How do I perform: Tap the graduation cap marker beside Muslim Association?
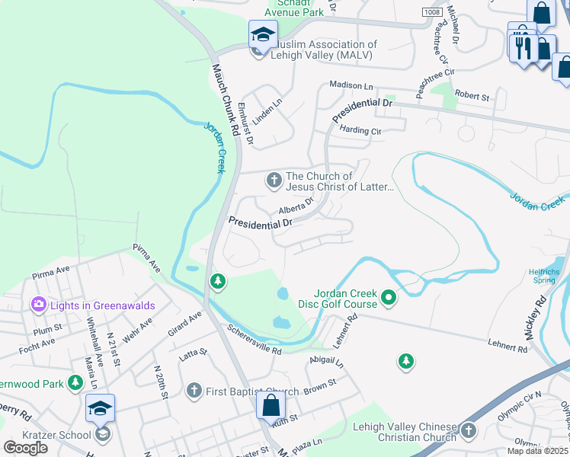point(263,35)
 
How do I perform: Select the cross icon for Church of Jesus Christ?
point(273,181)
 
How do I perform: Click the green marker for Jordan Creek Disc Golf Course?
point(389,297)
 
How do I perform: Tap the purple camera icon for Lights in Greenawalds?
point(38,305)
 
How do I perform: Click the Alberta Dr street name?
point(296,206)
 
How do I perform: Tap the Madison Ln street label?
point(351,86)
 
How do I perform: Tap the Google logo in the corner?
point(25,447)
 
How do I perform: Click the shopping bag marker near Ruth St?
point(271,405)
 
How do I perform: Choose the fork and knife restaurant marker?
point(522,48)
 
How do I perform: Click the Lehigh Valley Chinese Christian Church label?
point(405,432)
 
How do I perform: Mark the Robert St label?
point(472,96)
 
